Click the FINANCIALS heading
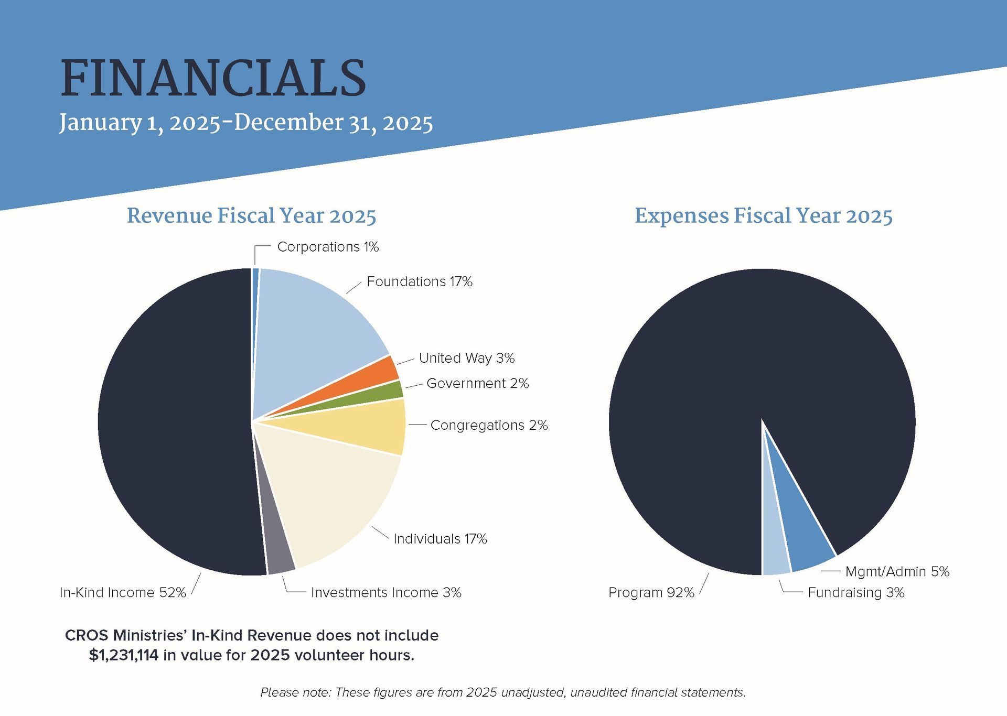point(213,79)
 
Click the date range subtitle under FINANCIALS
point(245,123)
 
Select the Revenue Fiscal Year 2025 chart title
point(251,216)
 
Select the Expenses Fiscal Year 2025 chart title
point(763,216)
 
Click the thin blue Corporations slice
point(255,294)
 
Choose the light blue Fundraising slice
point(775,556)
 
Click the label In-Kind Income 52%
point(123,593)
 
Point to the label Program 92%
point(651,593)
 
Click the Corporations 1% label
point(328,247)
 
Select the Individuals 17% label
point(440,539)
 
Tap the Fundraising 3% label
point(856,593)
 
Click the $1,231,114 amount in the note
point(124,656)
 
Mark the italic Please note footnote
point(503,692)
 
